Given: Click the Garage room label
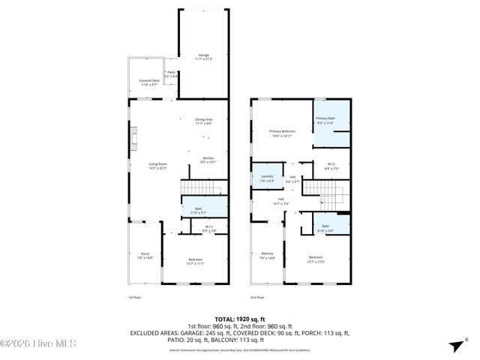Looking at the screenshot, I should point(203,56).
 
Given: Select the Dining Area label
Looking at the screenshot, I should point(204,121).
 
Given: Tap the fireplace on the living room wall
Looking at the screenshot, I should point(134,138).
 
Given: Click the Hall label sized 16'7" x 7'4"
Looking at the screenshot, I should point(280,201).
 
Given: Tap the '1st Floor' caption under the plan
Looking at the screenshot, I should point(134,298).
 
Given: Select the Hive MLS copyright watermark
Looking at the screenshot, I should point(34,344).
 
